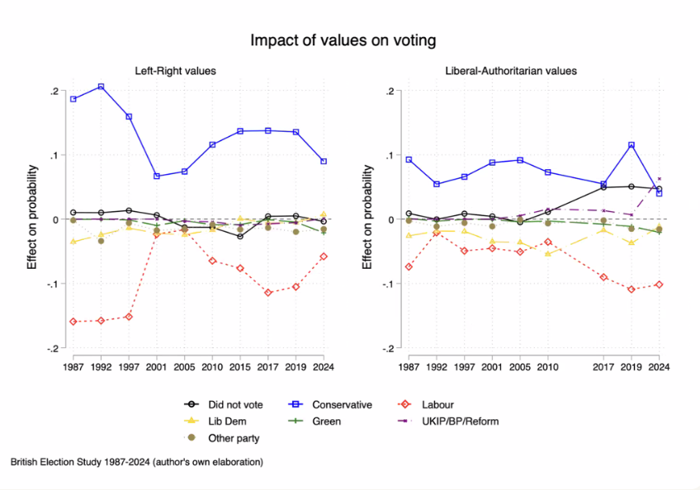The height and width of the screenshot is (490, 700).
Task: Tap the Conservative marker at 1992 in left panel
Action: coord(101,87)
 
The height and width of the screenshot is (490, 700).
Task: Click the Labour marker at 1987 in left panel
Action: coord(73,321)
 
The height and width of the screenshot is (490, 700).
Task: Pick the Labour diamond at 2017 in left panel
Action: coord(268,293)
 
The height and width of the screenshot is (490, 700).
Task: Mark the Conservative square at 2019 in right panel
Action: coord(631,145)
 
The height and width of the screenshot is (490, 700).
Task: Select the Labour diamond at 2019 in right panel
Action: coord(631,290)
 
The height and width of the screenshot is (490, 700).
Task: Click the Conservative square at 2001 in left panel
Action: coord(157,176)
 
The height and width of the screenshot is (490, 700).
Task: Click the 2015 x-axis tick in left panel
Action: coord(240,365)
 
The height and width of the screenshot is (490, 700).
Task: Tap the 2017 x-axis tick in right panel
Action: coord(603,365)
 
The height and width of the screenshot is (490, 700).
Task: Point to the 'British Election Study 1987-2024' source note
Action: coord(137,463)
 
